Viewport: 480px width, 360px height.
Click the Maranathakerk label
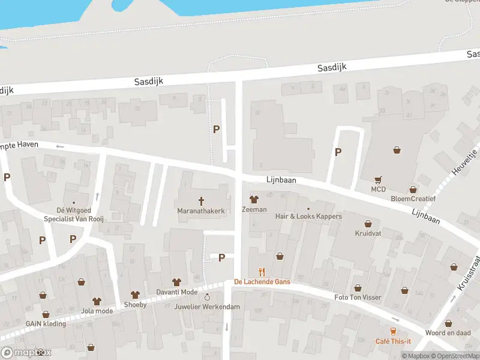[x=201, y=211]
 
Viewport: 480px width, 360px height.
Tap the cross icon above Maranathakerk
[x=201, y=201]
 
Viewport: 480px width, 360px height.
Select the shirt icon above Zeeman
[x=253, y=200]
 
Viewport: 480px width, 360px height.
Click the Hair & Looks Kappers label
[x=308, y=216]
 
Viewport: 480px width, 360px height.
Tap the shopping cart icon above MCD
[x=378, y=179]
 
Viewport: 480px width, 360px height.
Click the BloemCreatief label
[x=413, y=199]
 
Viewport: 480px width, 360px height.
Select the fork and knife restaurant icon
[x=261, y=272]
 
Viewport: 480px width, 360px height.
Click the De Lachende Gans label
[x=262, y=281]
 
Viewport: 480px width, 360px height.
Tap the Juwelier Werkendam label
[x=208, y=307]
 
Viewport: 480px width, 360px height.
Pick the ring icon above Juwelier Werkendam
[x=208, y=297]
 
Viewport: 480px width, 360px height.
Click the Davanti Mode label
[x=176, y=292]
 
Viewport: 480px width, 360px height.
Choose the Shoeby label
[x=134, y=304]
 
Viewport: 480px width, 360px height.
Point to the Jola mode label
[x=97, y=311]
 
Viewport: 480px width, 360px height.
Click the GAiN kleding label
[x=46, y=323]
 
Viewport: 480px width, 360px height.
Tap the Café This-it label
[x=393, y=341]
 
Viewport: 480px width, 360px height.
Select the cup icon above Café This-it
[x=394, y=331]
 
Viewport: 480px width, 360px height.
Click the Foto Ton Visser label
[x=358, y=298]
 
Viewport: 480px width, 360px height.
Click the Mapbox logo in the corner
[x=26, y=353]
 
